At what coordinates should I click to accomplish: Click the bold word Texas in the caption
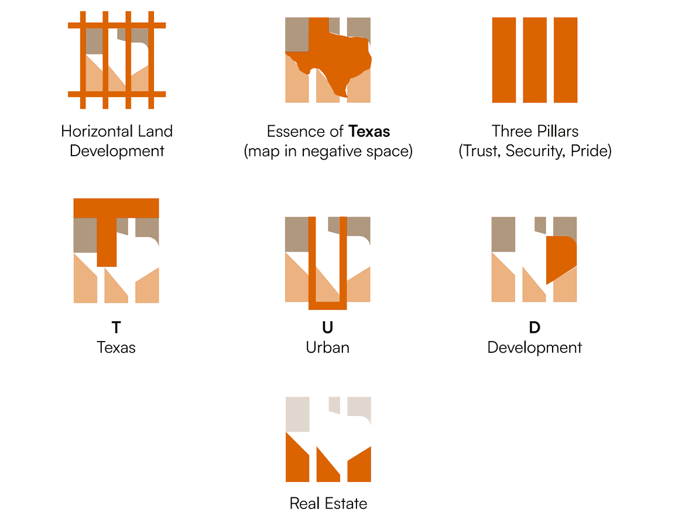[x=369, y=131]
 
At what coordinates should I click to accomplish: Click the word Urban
[x=328, y=347]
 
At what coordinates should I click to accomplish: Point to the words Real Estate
[x=328, y=503]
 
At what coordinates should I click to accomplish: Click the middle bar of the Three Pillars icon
[x=534, y=60]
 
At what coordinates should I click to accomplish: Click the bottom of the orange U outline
[x=328, y=305]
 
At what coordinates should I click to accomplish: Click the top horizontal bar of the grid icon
[x=117, y=25]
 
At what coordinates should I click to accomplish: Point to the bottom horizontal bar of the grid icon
[x=117, y=94]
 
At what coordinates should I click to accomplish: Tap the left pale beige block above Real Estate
[x=297, y=414]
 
